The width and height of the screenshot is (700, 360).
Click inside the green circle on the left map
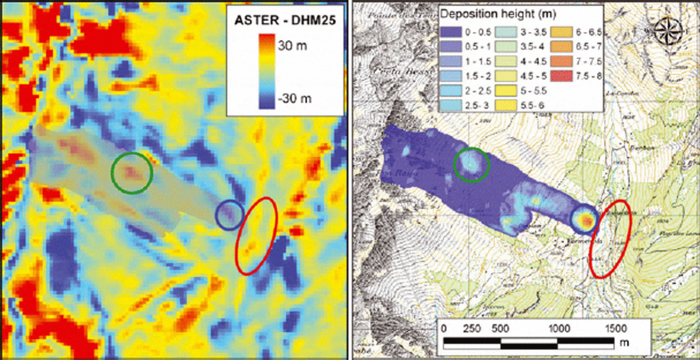[131, 173]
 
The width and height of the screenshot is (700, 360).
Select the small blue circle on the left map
[229, 214]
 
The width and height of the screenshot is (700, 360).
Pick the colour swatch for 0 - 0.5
[451, 33]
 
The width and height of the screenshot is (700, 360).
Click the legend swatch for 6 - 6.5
[562, 33]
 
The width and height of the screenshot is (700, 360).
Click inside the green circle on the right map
[471, 164]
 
